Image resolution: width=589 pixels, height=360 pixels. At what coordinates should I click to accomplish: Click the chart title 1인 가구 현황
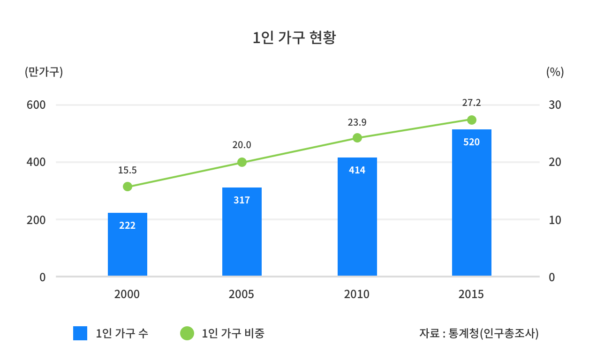[294, 37]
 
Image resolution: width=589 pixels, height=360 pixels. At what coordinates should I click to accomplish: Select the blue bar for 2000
[128, 244]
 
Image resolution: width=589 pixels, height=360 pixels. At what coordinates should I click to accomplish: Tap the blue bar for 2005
[242, 232]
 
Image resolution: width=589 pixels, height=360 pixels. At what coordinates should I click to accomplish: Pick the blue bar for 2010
[357, 217]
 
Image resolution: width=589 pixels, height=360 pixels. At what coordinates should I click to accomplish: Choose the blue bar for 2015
[472, 202]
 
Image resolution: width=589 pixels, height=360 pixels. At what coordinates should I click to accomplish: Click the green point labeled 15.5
[128, 187]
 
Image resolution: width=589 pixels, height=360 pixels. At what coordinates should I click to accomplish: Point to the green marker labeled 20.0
[242, 162]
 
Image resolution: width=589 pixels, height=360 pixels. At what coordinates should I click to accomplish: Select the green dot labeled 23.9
[357, 138]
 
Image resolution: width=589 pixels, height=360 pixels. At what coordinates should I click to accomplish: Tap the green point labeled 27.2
[472, 120]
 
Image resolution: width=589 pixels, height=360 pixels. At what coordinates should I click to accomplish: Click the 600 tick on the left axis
[36, 105]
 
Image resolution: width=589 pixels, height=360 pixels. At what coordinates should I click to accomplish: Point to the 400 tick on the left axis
[36, 162]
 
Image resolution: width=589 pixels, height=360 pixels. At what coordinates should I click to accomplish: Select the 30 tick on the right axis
[555, 105]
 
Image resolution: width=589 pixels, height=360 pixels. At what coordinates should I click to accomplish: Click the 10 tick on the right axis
[555, 220]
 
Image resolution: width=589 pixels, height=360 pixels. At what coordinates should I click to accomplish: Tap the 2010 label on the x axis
[357, 294]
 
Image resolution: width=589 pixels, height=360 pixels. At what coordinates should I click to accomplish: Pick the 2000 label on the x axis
[127, 294]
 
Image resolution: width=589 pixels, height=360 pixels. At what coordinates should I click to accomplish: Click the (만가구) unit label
[44, 72]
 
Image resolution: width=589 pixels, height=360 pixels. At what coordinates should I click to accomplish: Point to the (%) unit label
[555, 72]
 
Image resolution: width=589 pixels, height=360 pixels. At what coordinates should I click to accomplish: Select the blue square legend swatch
[80, 333]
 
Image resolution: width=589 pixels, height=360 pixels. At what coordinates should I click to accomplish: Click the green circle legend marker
[187, 333]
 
